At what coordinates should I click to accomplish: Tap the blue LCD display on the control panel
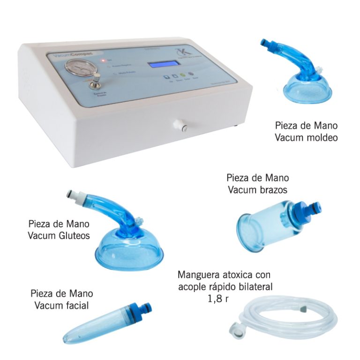162,65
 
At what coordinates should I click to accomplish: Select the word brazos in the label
272,190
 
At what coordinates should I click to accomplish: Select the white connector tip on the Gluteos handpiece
75,194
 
